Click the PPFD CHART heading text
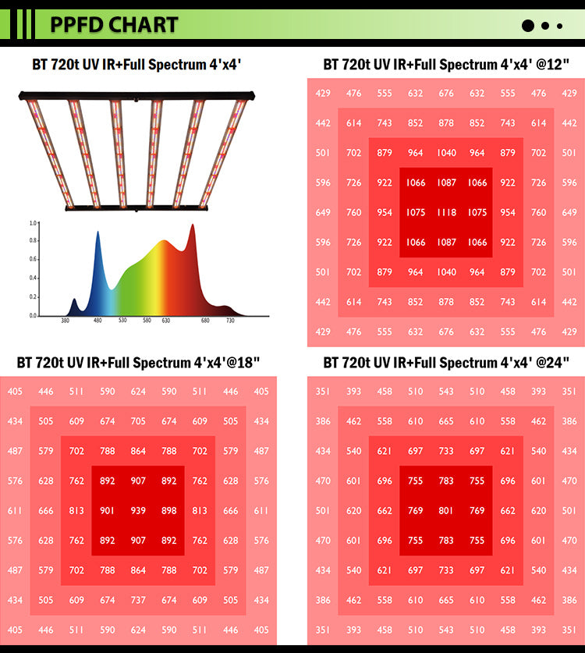[114, 24]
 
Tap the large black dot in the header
[528, 25]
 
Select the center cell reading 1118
[446, 212]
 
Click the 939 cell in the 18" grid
[138, 511]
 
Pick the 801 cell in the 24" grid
[446, 511]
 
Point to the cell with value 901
[108, 511]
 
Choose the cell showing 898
[169, 511]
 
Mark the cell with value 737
[138, 601]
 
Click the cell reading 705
[138, 421]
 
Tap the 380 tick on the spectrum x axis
[66, 320]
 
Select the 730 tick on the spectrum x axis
[230, 320]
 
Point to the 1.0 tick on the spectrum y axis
[33, 223]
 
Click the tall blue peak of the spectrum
[98, 233]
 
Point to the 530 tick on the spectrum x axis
[122, 320]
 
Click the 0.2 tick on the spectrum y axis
[33, 297]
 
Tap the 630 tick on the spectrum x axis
[166, 320]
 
